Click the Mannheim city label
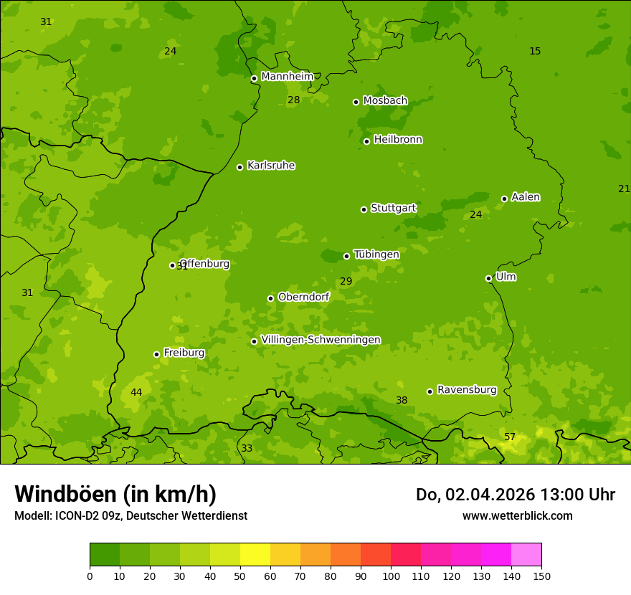coord(287,77)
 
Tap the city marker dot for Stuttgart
coord(364,209)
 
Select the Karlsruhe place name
coord(270,166)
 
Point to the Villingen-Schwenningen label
coord(321,340)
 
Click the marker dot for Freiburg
coord(156,354)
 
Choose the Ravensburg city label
coord(466,390)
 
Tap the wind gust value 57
coord(510,437)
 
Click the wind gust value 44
coord(136,392)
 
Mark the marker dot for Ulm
coord(488,278)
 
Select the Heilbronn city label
coord(398,140)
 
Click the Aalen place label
coord(526,197)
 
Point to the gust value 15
coord(535,51)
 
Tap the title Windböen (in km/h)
coord(115,494)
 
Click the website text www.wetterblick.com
coord(517,515)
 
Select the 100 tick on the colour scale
coord(391,576)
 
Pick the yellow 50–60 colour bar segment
coord(255,555)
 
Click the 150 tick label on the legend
coord(541,576)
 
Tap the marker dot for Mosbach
coord(356,102)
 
